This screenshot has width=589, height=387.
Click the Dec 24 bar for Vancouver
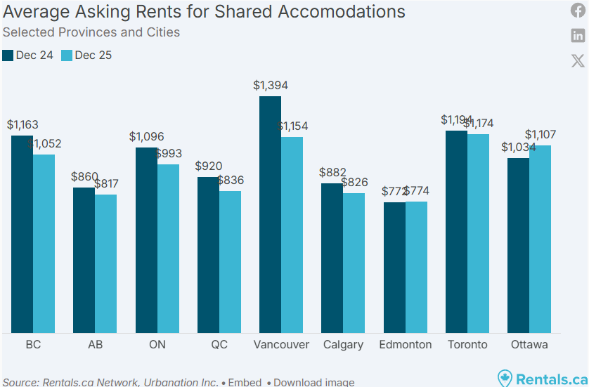click(270, 214)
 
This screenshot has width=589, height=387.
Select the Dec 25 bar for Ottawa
click(540, 239)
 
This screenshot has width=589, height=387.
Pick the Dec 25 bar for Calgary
click(354, 263)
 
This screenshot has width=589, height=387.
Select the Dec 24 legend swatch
click(8, 55)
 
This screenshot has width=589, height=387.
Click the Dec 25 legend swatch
click(67, 55)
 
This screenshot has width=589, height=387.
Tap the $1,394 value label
click(271, 86)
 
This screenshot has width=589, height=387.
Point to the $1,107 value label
click(541, 135)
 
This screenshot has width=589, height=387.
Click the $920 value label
click(208, 166)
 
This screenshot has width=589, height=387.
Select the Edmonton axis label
click(405, 345)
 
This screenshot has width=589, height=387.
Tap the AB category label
click(95, 345)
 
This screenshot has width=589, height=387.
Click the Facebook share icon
click(578, 11)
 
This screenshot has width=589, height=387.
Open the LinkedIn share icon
click(578, 36)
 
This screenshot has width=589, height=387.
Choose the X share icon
click(578, 60)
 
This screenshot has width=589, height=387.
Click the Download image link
click(313, 382)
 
